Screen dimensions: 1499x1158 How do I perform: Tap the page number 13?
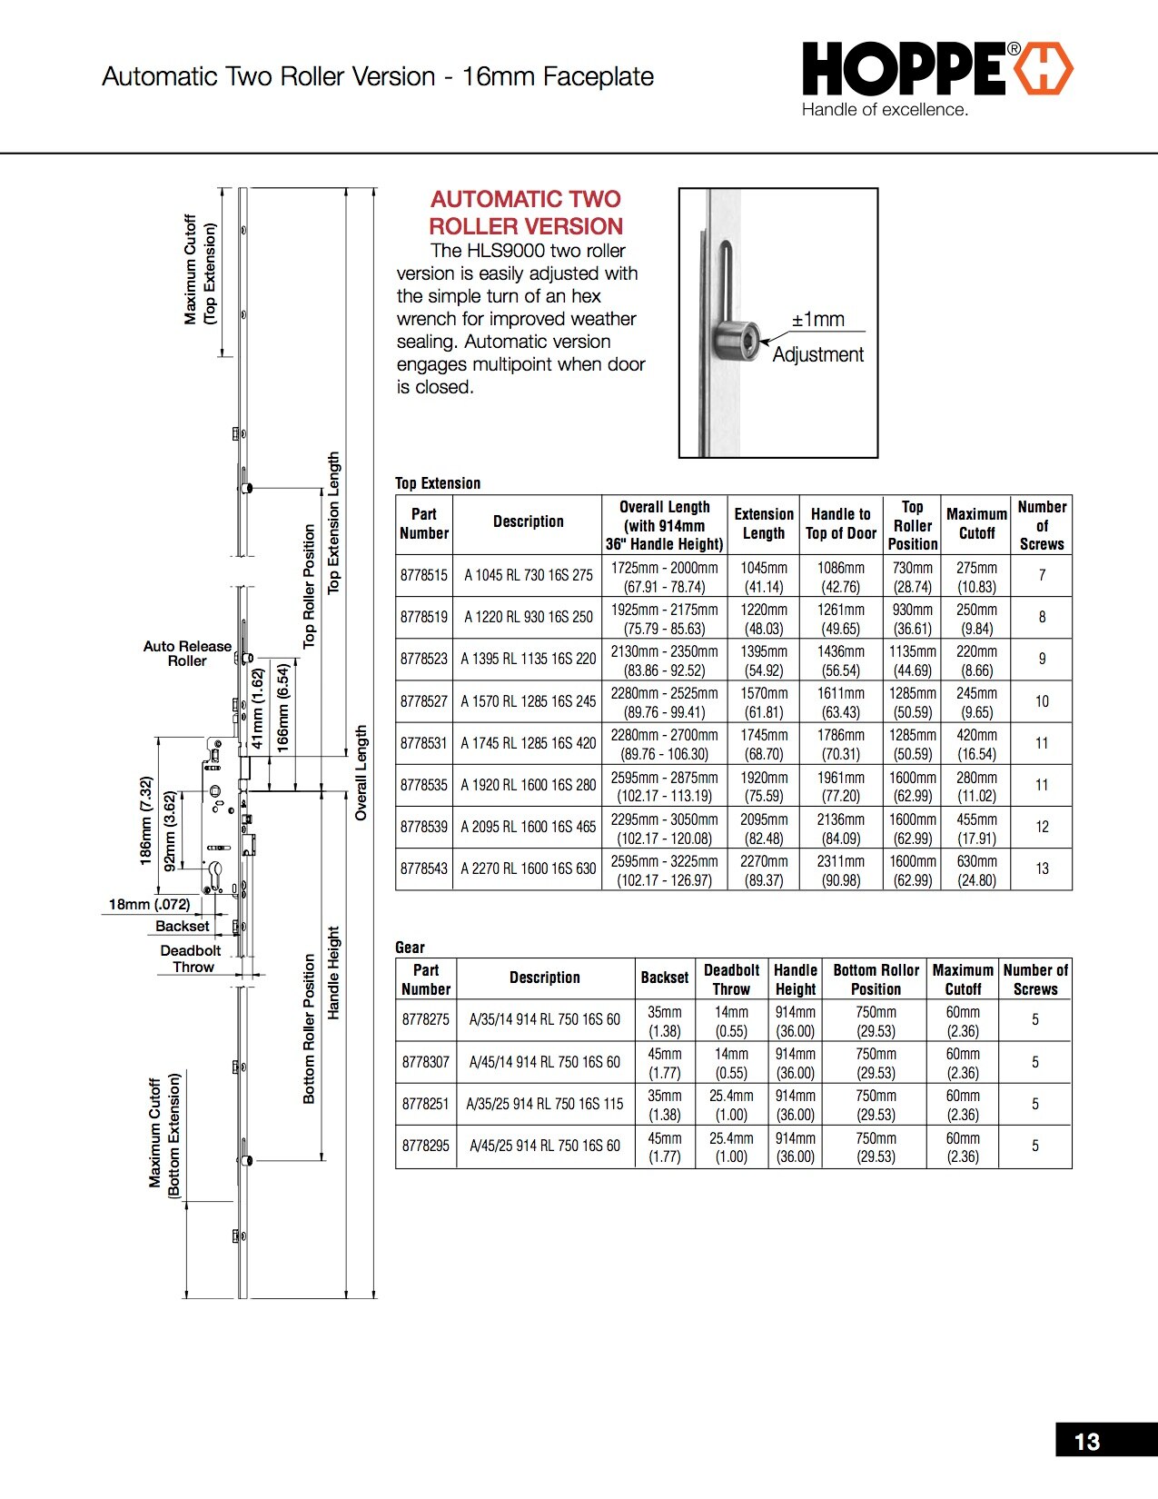(1086, 1442)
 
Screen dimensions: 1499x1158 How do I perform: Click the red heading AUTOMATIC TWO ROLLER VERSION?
(526, 213)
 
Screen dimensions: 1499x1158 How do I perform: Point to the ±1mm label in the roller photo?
(818, 320)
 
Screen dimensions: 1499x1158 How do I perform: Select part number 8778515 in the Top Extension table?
(423, 575)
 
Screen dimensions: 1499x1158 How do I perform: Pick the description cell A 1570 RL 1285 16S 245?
(528, 701)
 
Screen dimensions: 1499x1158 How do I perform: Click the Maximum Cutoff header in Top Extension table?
(976, 524)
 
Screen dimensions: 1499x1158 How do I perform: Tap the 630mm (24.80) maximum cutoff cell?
(976, 869)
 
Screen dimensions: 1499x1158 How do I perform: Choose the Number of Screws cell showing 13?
(1042, 869)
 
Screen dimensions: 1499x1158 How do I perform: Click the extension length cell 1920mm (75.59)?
(763, 786)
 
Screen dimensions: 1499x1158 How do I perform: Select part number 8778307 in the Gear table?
(425, 1062)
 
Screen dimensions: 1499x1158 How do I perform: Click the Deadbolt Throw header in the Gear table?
(731, 979)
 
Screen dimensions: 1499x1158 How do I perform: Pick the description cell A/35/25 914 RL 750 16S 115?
(544, 1104)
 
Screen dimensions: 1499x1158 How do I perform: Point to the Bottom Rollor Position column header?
(876, 979)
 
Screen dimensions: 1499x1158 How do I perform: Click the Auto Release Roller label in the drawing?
(187, 653)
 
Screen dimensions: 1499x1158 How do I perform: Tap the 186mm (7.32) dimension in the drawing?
(145, 820)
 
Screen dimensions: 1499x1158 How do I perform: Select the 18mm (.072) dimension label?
(149, 904)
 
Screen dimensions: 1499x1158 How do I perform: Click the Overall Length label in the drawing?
(361, 772)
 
